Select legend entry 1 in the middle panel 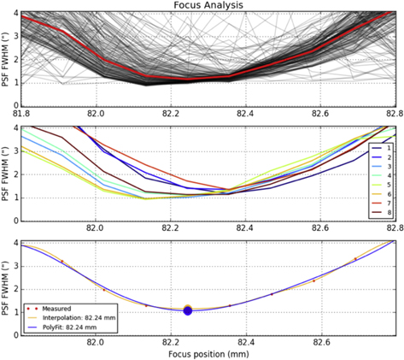pos(380,148)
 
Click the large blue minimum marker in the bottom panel pos(188,311)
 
